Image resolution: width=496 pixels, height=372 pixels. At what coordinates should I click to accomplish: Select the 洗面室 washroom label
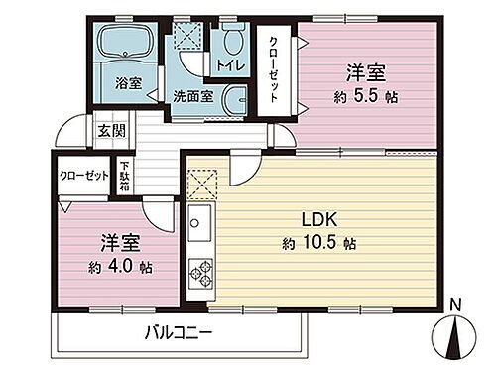coord(191,97)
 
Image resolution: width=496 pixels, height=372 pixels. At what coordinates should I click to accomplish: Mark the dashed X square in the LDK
coord(201,183)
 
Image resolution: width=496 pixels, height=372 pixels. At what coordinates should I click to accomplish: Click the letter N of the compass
coord(454,306)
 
